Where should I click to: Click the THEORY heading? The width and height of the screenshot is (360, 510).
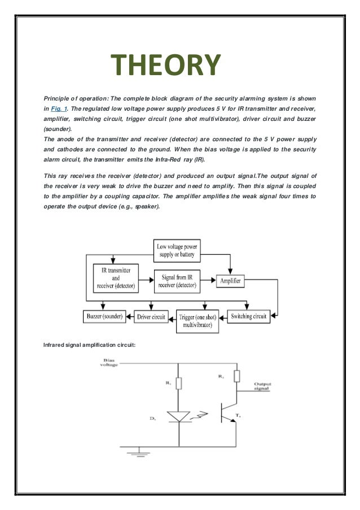[166, 65]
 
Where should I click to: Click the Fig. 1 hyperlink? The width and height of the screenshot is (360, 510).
[59, 107]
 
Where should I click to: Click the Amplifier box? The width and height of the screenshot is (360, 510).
[230, 280]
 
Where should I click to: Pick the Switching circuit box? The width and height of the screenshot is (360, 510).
[248, 316]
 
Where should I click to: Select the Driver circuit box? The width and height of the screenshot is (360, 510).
[151, 317]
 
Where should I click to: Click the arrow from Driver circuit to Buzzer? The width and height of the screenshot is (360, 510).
[130, 316]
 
